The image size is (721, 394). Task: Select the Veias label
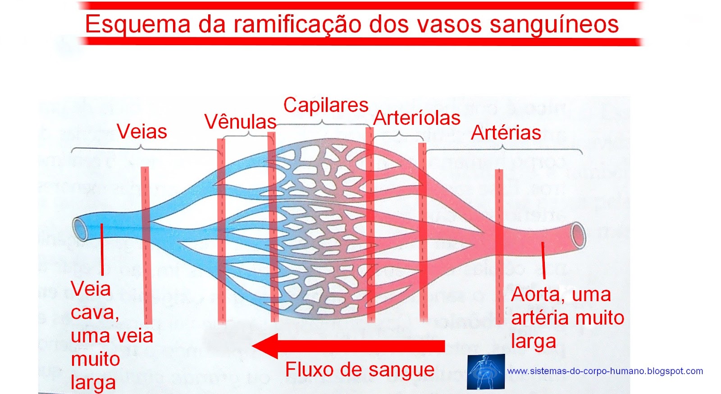(x=141, y=132)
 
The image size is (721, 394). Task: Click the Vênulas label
(x=240, y=122)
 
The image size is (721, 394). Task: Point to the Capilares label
(x=326, y=105)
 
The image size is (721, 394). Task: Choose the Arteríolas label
(x=417, y=118)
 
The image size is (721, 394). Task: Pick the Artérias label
(x=506, y=133)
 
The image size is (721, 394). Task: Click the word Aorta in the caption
(x=535, y=294)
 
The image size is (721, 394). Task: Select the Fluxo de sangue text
(x=360, y=370)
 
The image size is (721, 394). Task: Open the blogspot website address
(x=605, y=371)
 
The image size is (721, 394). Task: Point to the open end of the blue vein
(x=80, y=229)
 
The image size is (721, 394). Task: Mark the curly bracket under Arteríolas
(x=399, y=134)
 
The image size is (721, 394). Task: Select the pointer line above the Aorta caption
(x=543, y=260)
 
